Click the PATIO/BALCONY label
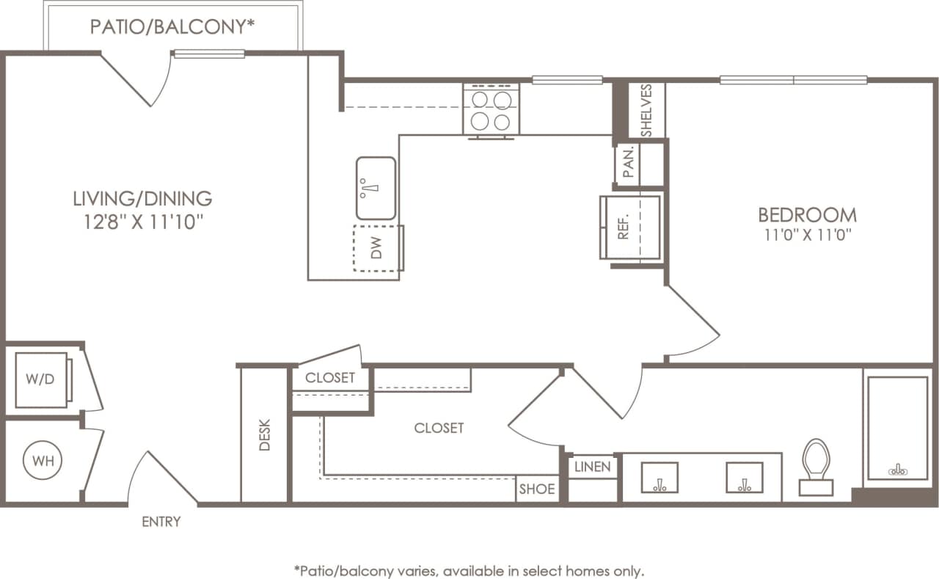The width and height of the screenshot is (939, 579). tap(172, 27)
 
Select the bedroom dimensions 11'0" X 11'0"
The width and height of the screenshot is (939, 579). tap(807, 236)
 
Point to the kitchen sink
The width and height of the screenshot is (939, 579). tap(376, 189)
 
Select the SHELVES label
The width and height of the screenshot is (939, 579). tap(646, 110)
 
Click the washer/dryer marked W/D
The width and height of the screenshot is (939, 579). tap(41, 381)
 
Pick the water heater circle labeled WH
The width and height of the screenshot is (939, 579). tap(43, 462)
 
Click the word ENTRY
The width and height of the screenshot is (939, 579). tap(161, 522)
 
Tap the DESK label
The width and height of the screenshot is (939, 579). tap(264, 435)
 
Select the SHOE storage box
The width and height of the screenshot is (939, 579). tap(537, 489)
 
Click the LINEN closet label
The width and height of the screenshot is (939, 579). tap(593, 467)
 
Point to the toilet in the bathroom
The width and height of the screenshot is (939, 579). tap(816, 465)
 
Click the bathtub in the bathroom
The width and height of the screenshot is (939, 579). tap(897, 428)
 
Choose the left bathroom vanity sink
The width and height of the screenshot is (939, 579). tap(660, 478)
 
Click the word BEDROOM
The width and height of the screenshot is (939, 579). tap(807, 215)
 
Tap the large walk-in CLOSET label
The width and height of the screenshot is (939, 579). tap(439, 428)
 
